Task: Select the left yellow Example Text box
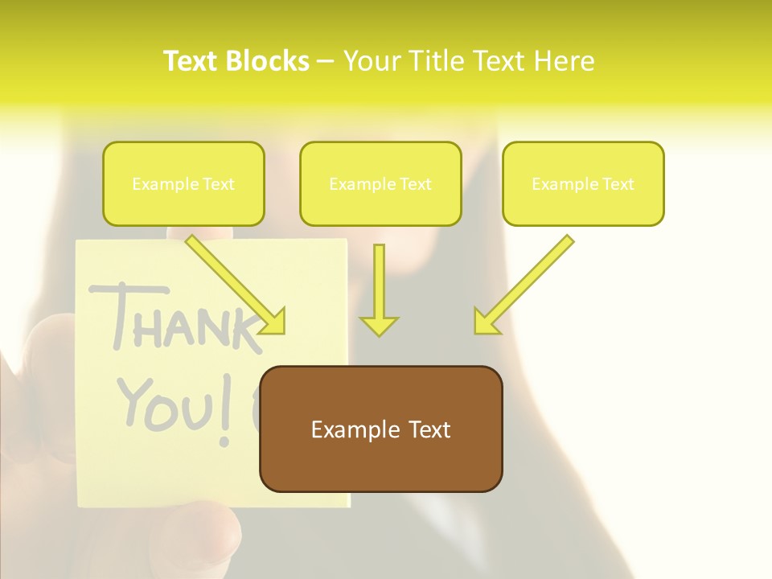click(x=183, y=184)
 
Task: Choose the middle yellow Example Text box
click(x=380, y=184)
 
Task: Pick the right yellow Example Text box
click(x=583, y=184)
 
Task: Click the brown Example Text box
click(x=381, y=429)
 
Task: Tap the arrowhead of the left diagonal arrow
click(x=274, y=322)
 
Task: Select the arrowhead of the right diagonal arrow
click(x=485, y=322)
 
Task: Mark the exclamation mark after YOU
click(x=227, y=415)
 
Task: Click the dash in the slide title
click(x=326, y=61)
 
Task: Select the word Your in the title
click(x=372, y=61)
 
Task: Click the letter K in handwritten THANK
click(x=245, y=330)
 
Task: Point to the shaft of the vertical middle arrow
click(x=379, y=277)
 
